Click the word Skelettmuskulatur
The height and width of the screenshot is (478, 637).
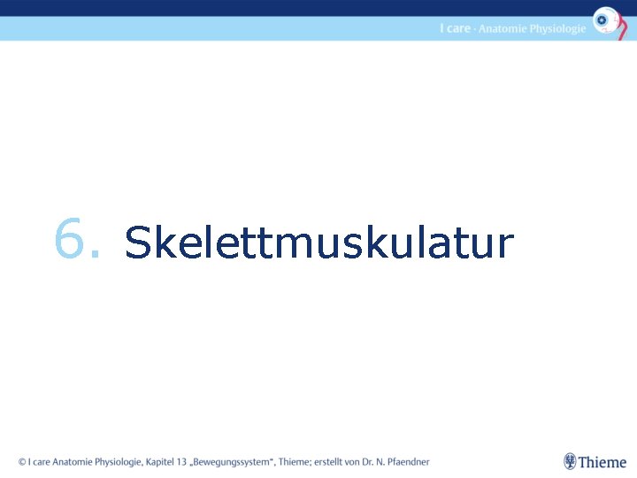coord(318,243)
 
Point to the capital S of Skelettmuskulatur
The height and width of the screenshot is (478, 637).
coord(138,243)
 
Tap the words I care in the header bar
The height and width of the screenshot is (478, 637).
coord(455,28)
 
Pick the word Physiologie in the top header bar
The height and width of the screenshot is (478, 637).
coord(558,28)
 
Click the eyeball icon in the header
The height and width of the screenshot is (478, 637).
coord(605,19)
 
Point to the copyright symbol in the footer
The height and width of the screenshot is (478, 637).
coord(22,461)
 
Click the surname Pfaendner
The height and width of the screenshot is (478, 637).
coord(412,461)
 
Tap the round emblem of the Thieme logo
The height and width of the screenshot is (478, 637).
coord(571,461)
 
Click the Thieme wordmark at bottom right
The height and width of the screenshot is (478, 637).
coord(602,462)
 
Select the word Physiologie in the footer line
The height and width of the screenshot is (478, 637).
coord(118,461)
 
